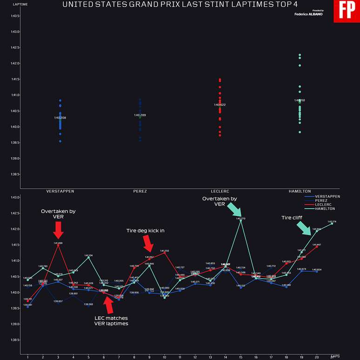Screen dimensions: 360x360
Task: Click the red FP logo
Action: [347, 11]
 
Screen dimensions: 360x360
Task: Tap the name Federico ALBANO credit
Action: [309, 14]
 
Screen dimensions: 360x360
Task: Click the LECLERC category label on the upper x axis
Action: [220, 191]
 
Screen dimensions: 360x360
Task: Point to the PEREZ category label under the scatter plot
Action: [140, 191]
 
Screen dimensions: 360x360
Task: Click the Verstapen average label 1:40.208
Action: [60, 118]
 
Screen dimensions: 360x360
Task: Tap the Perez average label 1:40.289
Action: [140, 115]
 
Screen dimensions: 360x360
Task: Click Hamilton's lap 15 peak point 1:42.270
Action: [240, 220]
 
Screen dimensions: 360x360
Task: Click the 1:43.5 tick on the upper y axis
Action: [15, 16]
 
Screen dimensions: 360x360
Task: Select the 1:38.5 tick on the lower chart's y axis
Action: [15, 340]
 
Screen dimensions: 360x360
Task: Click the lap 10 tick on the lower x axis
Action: [164, 357]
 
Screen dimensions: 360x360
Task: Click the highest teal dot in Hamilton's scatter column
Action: [300, 55]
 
